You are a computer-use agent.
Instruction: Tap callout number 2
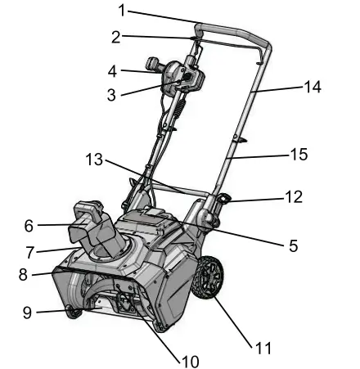116,37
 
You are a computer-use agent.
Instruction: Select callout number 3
111,95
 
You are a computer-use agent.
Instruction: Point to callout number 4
112,70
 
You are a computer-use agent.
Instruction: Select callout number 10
189,360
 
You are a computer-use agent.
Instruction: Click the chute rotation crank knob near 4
151,63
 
